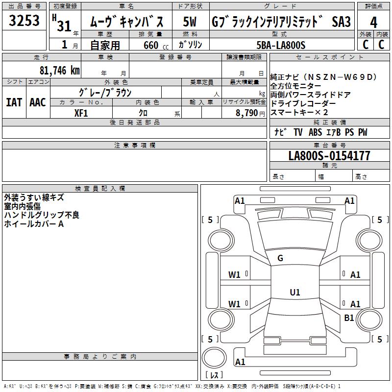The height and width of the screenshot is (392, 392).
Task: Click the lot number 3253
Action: (24, 22)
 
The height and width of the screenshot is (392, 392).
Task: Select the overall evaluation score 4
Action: (374, 23)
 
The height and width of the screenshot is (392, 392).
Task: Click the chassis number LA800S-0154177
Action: (329, 156)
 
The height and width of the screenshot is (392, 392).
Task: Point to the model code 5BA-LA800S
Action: (281, 45)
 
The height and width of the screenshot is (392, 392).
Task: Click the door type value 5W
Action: (190, 23)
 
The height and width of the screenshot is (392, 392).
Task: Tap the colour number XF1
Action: (81, 113)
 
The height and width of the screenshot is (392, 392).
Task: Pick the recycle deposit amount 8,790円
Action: (250, 113)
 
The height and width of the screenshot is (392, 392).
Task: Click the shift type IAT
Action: (14, 102)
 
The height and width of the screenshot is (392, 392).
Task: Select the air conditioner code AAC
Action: (38, 102)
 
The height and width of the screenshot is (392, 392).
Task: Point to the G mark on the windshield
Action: (280, 258)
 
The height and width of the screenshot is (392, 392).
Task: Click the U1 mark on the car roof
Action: (294, 293)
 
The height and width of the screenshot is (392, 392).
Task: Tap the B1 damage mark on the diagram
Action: (349, 318)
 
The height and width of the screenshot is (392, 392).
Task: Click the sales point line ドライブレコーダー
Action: (303, 104)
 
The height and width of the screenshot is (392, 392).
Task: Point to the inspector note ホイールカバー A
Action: (34, 224)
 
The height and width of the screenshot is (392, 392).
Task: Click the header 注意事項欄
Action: (134, 146)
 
